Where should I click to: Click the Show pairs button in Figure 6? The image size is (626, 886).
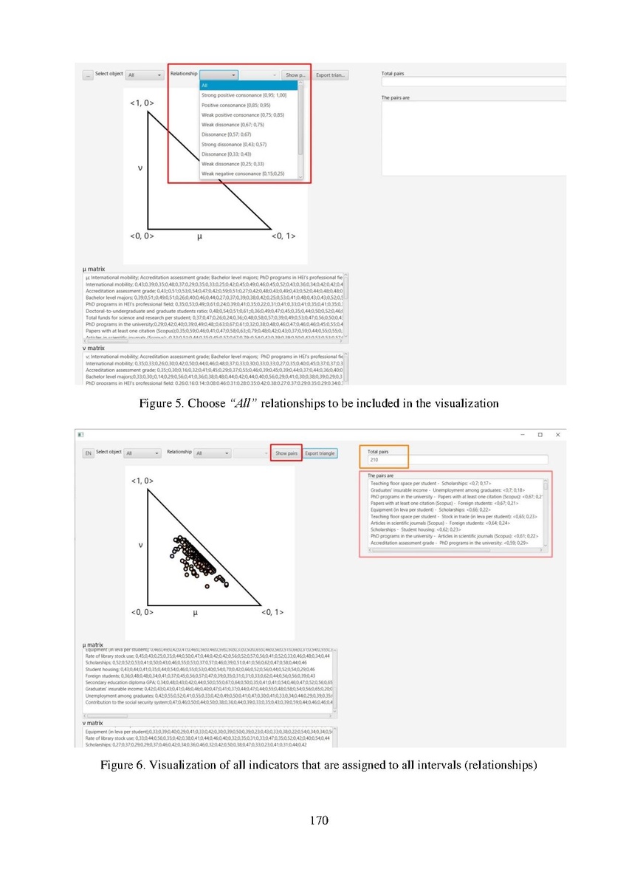click(x=286, y=453)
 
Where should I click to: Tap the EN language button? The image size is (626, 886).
click(x=88, y=453)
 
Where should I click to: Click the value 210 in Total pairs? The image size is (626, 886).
click(x=374, y=459)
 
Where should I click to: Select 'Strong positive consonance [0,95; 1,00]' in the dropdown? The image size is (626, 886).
click(x=244, y=95)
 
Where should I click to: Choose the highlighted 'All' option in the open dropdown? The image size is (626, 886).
click(x=248, y=86)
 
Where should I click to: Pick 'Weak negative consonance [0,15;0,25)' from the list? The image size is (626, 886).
click(x=242, y=174)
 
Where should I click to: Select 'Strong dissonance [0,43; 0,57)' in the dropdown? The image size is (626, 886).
click(x=234, y=144)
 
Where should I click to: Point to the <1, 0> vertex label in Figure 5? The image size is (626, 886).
click(x=142, y=103)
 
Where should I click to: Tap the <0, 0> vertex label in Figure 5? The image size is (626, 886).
click(x=142, y=236)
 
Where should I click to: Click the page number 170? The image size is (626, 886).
click(x=318, y=821)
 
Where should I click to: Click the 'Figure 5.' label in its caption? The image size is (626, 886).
click(x=162, y=404)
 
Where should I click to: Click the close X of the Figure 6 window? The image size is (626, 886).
click(x=558, y=435)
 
